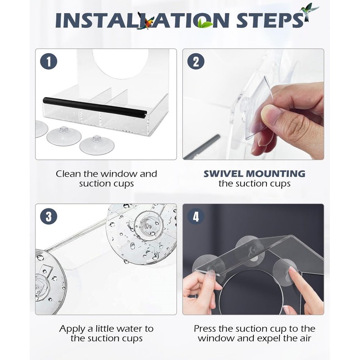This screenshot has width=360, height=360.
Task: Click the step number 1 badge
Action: pyautogui.click(x=49, y=61)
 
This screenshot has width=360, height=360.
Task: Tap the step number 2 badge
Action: pyautogui.click(x=196, y=61)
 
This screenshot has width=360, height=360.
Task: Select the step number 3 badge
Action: pyautogui.click(x=49, y=216)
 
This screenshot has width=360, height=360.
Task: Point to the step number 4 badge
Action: pyautogui.click(x=196, y=216)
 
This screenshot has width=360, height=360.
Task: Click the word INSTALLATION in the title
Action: pyautogui.click(x=142, y=20)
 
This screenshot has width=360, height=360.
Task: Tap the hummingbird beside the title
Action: pyautogui.click(x=309, y=12)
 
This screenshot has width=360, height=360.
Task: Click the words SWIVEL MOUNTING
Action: pyautogui.click(x=254, y=174)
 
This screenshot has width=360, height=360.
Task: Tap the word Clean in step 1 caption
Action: pyautogui.click(x=69, y=174)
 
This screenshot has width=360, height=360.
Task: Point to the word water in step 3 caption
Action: pyautogui.click(x=125, y=329)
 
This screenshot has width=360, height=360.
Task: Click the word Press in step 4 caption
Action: pyautogui.click(x=205, y=329)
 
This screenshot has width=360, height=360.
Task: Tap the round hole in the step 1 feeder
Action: pyautogui.click(x=119, y=62)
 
